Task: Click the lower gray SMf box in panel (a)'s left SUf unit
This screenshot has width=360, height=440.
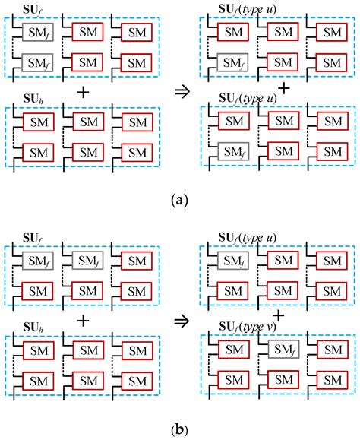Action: click(x=36, y=62)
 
